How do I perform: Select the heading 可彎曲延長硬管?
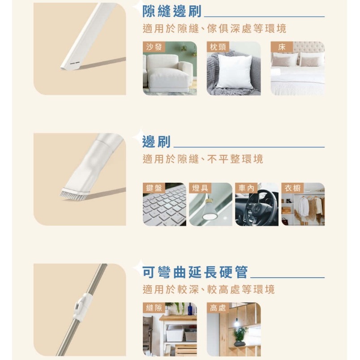(195, 272)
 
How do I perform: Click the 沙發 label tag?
(154, 47)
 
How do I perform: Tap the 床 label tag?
(282, 47)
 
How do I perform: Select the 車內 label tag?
(247, 188)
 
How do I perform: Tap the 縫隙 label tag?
(154, 308)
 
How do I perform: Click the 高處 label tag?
(218, 308)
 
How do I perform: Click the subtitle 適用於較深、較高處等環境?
(209, 290)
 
